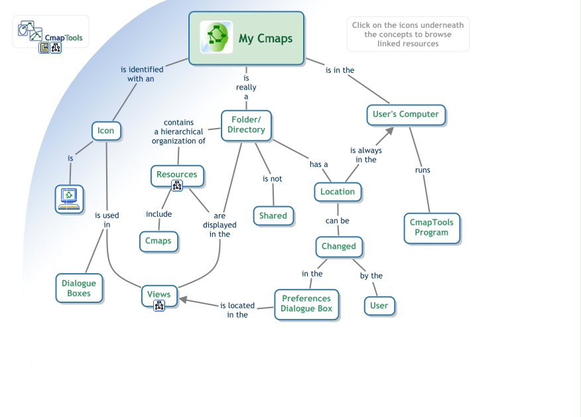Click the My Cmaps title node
point(246,38)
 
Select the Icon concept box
point(105,131)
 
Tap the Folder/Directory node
point(246,125)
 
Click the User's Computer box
point(405,114)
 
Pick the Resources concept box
point(176,174)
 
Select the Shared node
point(273,215)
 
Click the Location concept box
point(337,192)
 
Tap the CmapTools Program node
point(431,227)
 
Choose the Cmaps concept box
point(158,241)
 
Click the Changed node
point(338,246)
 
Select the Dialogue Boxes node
point(79,288)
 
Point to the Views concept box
point(159,294)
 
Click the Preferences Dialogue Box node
point(306,304)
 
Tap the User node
point(379,306)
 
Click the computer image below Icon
point(69,198)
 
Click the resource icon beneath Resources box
point(177,186)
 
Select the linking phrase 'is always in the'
point(365,154)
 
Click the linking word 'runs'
point(422,170)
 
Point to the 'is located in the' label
point(237,310)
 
